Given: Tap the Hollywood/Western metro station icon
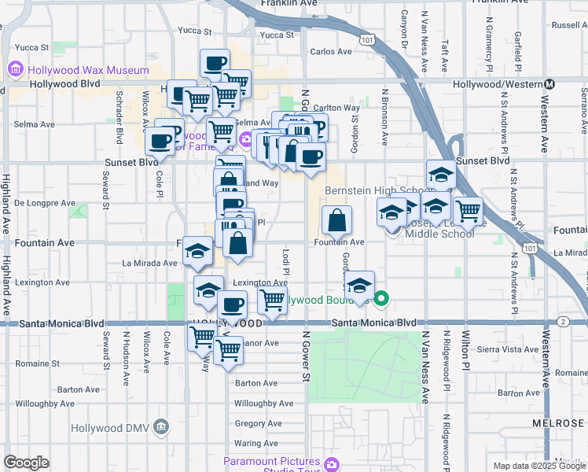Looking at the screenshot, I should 550,84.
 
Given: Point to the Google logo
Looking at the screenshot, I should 26,463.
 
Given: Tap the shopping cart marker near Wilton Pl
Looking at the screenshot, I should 467,210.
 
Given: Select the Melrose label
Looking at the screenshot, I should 558,422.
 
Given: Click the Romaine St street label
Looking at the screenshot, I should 32,364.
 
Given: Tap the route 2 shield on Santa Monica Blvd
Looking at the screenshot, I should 564,322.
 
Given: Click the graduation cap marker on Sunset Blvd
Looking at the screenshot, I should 441,175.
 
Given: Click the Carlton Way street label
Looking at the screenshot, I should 336,108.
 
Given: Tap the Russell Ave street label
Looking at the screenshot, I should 569,25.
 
